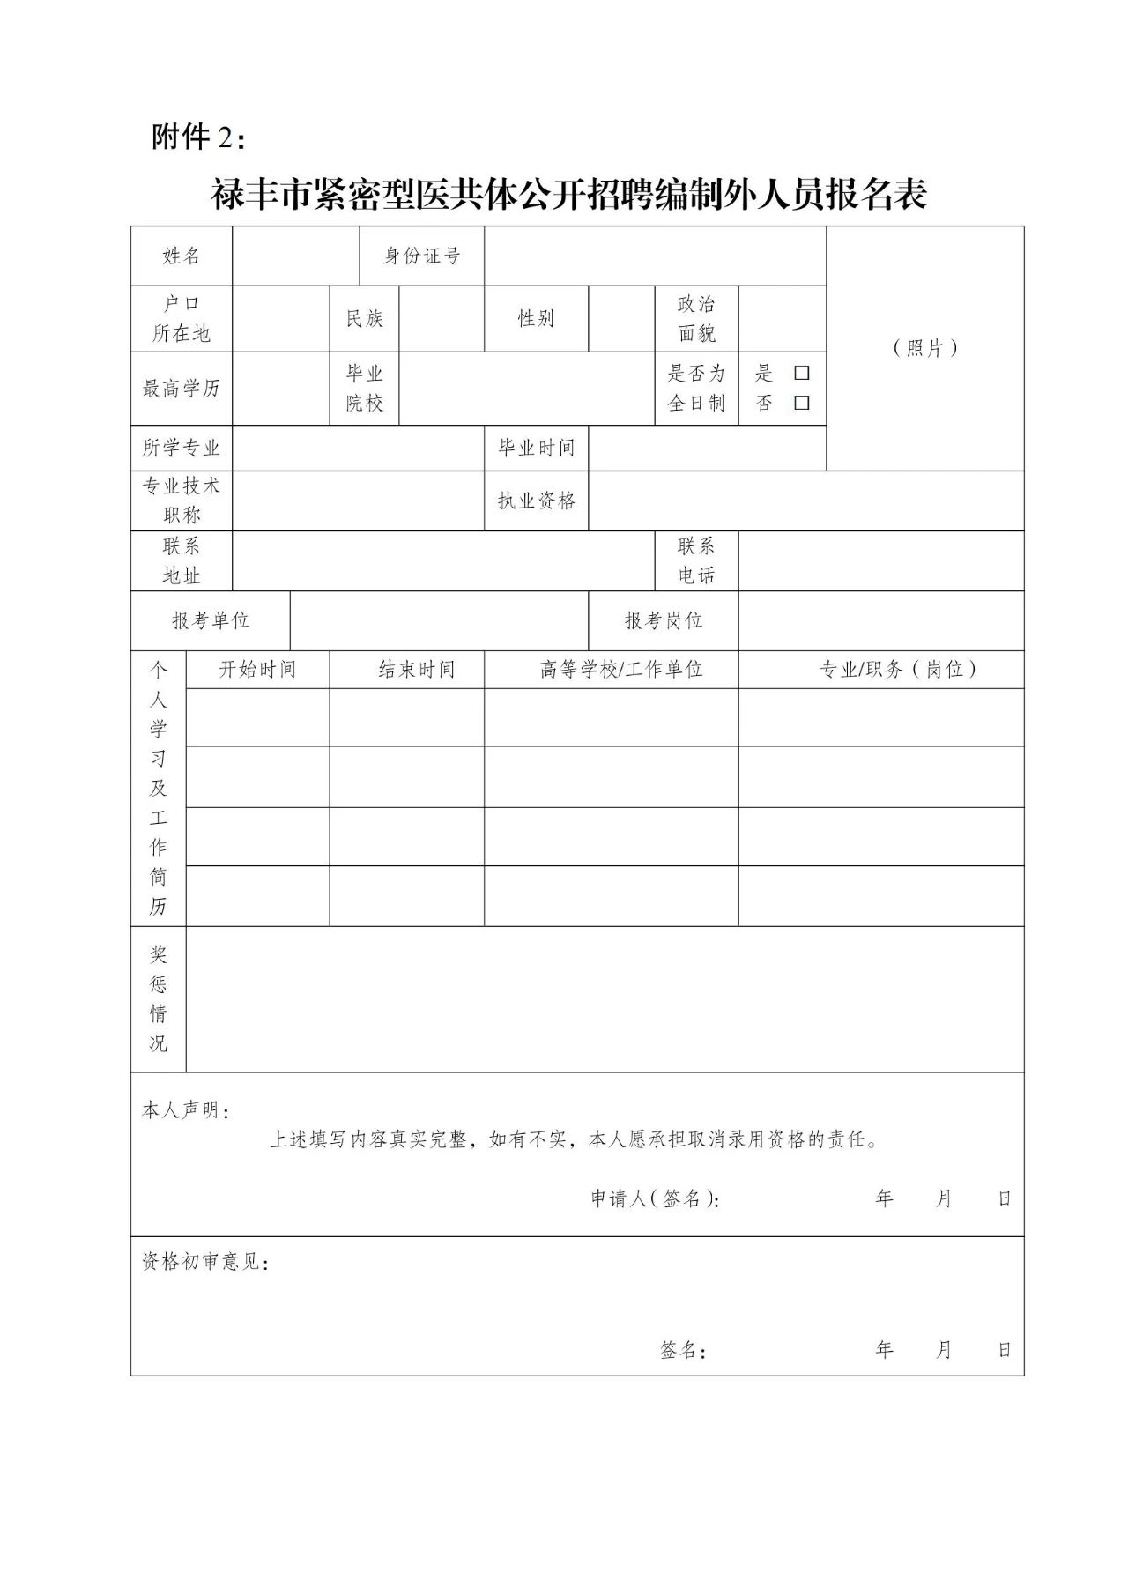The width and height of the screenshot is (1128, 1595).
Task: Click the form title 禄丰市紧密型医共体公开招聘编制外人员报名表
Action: (569, 195)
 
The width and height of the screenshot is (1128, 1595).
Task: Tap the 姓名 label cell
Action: (182, 256)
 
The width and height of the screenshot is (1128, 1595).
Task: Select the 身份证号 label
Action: (422, 256)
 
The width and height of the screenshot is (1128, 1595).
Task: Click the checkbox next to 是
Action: (801, 373)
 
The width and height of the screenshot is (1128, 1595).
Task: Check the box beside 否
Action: (801, 403)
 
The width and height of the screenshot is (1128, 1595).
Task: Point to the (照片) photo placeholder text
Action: (924, 348)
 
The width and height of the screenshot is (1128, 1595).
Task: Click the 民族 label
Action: (365, 319)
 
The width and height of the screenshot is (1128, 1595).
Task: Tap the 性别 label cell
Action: (536, 319)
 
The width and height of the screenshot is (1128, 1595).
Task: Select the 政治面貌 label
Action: (696, 319)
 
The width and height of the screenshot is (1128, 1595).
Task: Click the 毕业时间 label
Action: (536, 448)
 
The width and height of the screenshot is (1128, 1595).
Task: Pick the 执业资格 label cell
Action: (536, 501)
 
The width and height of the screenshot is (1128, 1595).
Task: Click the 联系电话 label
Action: (696, 560)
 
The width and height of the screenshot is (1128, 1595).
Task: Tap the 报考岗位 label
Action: (664, 621)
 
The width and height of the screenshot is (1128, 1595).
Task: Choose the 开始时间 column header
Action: (257, 670)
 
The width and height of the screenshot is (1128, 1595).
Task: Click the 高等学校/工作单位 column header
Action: (621, 670)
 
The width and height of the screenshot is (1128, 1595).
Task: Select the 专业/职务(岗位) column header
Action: (898, 670)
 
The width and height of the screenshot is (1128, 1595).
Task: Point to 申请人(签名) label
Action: (655, 1198)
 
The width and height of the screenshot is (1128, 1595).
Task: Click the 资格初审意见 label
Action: (205, 1262)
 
